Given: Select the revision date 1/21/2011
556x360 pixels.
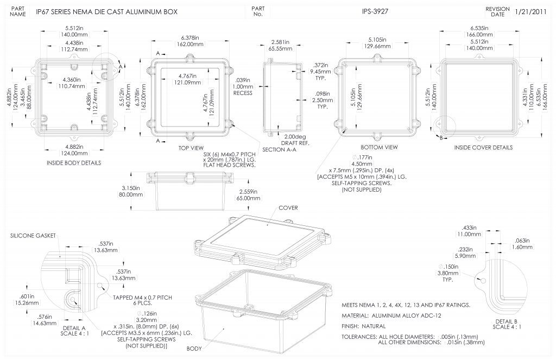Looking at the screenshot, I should (x=532, y=11).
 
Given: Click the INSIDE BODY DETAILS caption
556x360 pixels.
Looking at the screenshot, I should (x=75, y=162).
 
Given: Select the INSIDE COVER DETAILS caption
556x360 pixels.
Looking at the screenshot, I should (x=483, y=147).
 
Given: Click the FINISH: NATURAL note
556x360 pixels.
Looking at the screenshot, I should (x=364, y=326).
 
